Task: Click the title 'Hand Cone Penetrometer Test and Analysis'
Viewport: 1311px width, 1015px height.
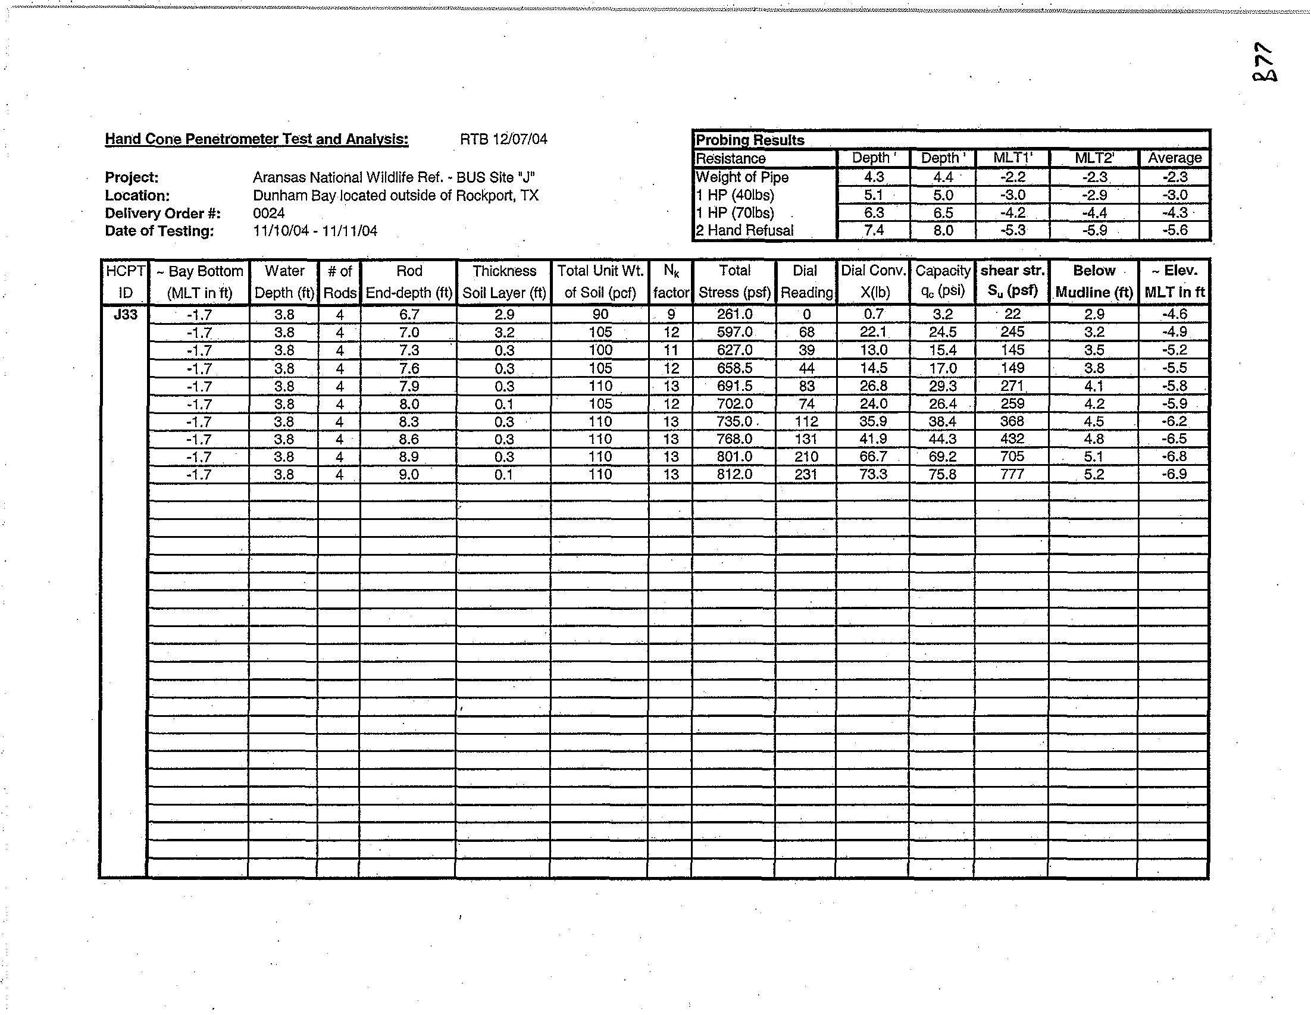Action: pyautogui.click(x=256, y=139)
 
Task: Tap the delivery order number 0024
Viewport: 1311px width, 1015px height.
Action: pyautogui.click(x=268, y=213)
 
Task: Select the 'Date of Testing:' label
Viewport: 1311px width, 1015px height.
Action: pyautogui.click(x=159, y=231)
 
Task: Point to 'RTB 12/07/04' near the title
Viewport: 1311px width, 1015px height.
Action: pyautogui.click(x=503, y=139)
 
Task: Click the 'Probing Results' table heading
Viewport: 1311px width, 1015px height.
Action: pyautogui.click(x=749, y=140)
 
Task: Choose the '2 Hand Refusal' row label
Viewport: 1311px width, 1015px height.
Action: pyautogui.click(x=744, y=230)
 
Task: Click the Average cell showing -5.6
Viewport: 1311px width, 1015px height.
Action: pyautogui.click(x=1174, y=230)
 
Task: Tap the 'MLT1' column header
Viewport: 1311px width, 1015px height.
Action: pyautogui.click(x=1012, y=158)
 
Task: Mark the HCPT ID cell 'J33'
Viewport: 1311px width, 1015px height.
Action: pyautogui.click(x=125, y=314)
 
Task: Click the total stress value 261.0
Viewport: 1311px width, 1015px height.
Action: pyautogui.click(x=735, y=314)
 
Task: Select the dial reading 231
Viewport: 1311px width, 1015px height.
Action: pyautogui.click(x=806, y=474)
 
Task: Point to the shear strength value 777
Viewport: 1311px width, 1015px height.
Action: pyautogui.click(x=1012, y=474)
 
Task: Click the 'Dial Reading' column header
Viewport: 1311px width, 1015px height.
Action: pyautogui.click(x=806, y=281)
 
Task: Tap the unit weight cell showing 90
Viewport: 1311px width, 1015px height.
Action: pyautogui.click(x=600, y=314)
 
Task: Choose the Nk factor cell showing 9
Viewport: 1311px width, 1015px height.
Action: pyautogui.click(x=671, y=314)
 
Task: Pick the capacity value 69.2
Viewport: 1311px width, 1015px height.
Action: pyautogui.click(x=942, y=457)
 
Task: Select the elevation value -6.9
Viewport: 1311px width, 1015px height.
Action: pyautogui.click(x=1174, y=474)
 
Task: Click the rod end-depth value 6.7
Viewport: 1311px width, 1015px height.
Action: pyautogui.click(x=409, y=314)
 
